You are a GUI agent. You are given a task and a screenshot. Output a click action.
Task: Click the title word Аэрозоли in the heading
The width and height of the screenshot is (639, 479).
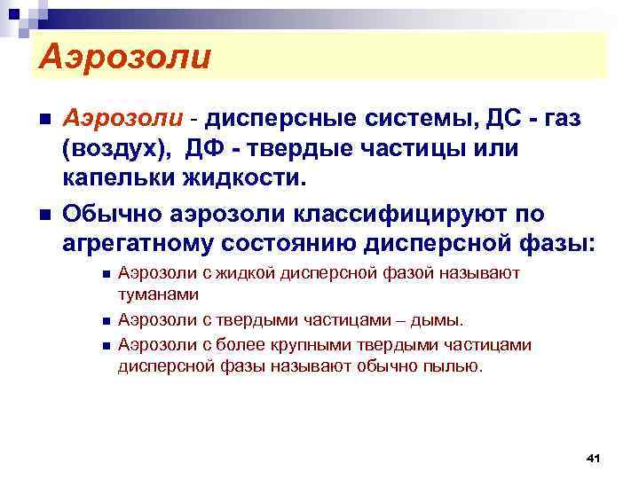124,58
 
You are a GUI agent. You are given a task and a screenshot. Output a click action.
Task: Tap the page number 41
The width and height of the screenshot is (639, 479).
594,457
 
